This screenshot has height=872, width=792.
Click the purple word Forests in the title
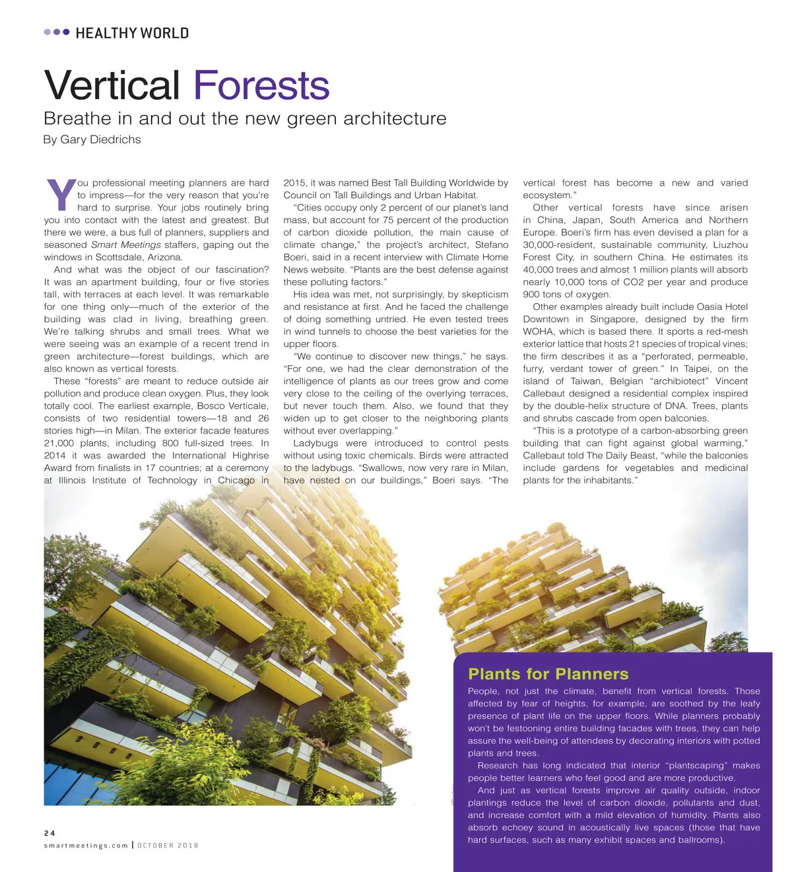(x=261, y=86)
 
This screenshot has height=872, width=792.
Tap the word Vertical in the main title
(x=112, y=86)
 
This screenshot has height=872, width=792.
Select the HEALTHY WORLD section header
(x=132, y=33)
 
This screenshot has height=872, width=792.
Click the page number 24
(x=49, y=833)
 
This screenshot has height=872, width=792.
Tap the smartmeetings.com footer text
(x=86, y=846)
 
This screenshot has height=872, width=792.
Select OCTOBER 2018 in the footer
(x=168, y=846)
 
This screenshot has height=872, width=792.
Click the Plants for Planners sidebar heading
(x=548, y=674)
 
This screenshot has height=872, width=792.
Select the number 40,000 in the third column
(x=540, y=270)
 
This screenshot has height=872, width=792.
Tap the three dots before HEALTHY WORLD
(x=57, y=32)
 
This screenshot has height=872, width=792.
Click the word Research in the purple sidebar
(x=498, y=766)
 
